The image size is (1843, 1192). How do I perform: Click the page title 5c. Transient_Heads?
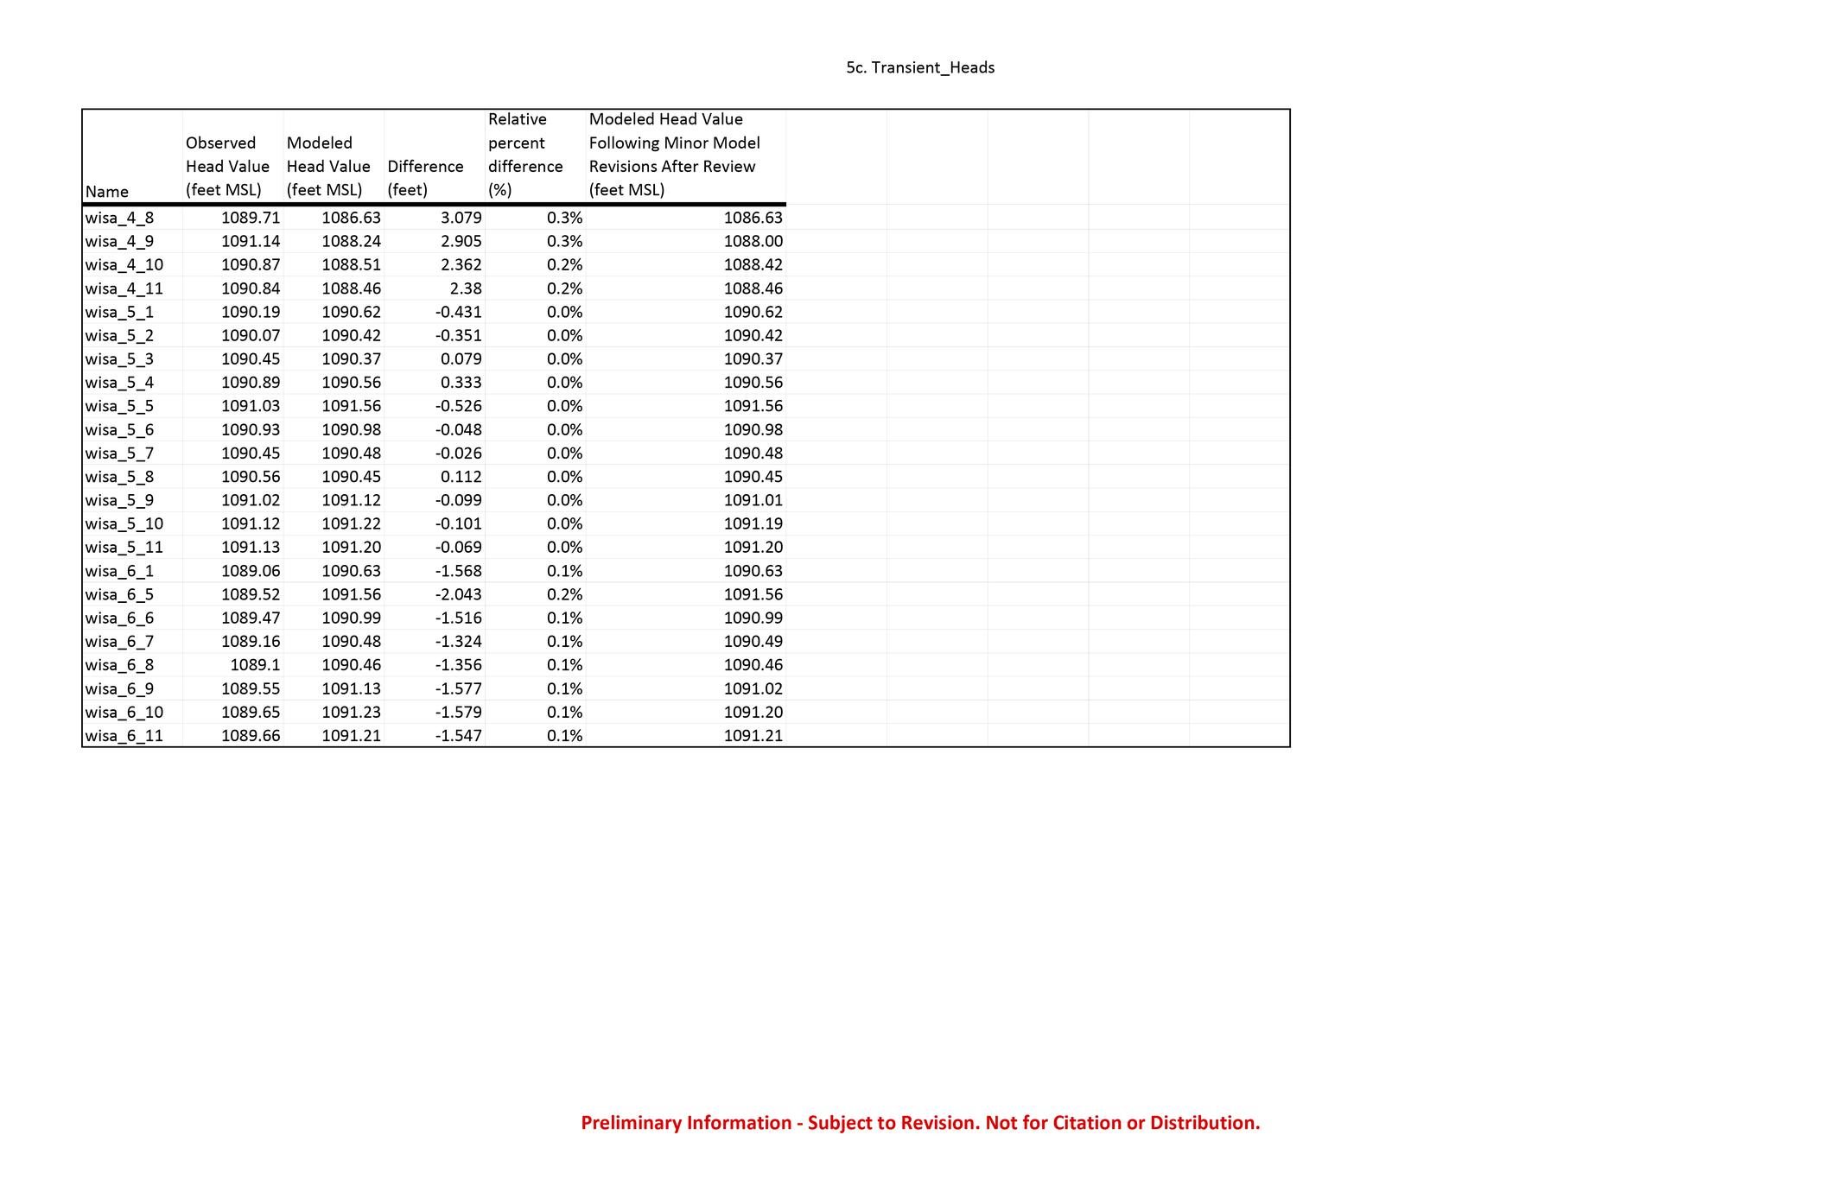(920, 67)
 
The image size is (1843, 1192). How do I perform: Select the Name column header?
(107, 192)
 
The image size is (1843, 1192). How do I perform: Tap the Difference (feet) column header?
(425, 178)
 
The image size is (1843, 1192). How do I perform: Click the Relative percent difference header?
(525, 155)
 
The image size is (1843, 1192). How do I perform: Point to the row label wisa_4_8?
(119, 218)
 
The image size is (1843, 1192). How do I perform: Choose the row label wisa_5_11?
(124, 547)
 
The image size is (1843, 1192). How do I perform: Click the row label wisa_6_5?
(119, 594)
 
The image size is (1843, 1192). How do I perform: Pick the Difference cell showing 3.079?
(461, 218)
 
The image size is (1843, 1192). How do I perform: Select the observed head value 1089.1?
(255, 665)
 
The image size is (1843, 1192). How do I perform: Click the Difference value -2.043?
(458, 594)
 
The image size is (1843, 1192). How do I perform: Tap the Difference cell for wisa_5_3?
(461, 358)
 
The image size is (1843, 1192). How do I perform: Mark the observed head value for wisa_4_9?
(251, 241)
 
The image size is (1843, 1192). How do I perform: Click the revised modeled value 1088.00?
(753, 241)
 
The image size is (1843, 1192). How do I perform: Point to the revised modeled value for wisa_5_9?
(753, 500)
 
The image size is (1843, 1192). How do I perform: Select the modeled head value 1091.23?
(351, 712)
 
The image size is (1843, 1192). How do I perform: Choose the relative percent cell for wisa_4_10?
(565, 264)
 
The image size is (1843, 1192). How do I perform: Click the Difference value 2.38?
(466, 288)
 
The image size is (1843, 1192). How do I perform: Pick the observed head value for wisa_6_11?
(251, 736)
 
